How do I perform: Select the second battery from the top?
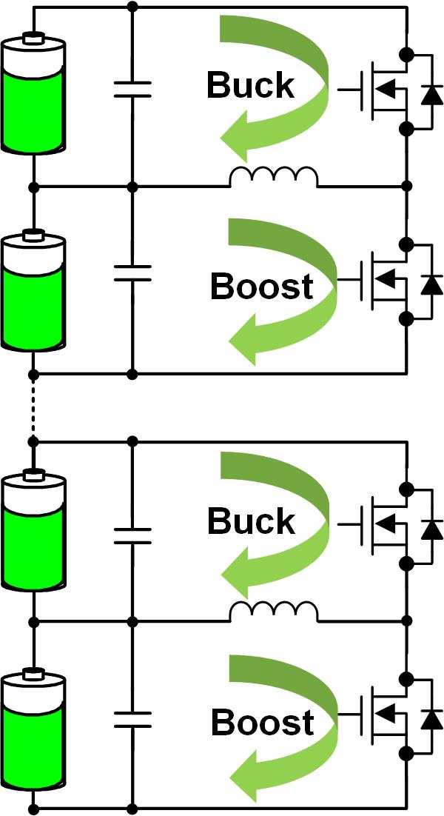coord(33,293)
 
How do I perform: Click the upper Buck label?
coord(250,87)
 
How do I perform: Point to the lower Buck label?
coord(250,523)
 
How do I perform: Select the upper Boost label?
coord(261,287)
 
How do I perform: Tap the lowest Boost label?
coord(261,723)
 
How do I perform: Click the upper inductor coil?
coord(274,178)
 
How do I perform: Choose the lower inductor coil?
coord(274,613)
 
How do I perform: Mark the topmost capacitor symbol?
coord(132,90)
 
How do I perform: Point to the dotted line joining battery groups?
coord(33,407)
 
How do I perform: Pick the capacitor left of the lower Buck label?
coord(132,535)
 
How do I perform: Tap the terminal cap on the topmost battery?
coord(33,38)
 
